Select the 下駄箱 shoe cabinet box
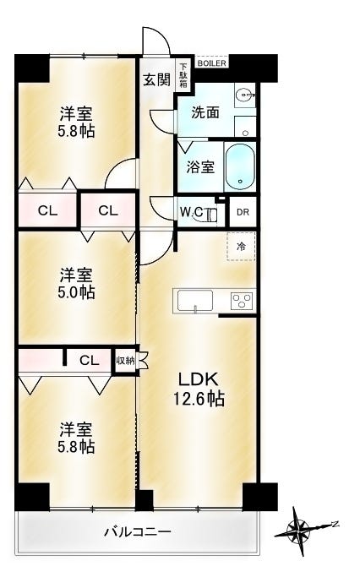(183, 74)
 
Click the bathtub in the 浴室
(241, 165)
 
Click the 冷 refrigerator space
(240, 247)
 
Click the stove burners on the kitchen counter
(241, 302)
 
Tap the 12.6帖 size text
(199, 399)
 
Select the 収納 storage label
(125, 360)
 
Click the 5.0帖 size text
(76, 293)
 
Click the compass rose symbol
(300, 529)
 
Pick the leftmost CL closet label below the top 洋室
(47, 211)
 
